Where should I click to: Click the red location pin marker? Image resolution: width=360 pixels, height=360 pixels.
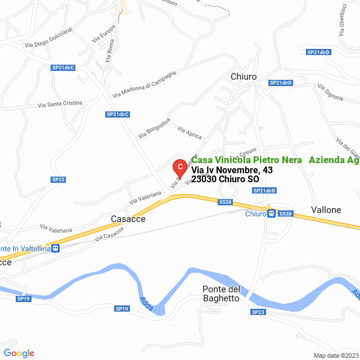point(179,167)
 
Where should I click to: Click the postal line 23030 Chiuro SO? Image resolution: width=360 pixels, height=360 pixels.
point(225,179)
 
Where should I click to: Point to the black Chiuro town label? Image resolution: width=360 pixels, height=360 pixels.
point(244,76)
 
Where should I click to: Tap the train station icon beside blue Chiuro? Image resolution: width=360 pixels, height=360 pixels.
point(272,214)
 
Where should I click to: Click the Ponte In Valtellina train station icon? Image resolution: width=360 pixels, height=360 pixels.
point(55,248)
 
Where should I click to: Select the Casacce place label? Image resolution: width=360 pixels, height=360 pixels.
point(128,219)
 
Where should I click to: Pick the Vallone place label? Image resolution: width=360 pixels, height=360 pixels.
point(326,210)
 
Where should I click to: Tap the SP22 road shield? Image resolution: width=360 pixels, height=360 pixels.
point(58,179)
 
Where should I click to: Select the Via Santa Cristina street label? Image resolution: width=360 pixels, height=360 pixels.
point(60,104)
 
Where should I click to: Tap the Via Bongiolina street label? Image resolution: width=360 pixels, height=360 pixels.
point(154,128)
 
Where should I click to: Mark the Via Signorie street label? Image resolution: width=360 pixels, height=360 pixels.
point(330,93)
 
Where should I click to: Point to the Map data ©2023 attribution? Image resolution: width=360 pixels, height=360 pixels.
point(336,355)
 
